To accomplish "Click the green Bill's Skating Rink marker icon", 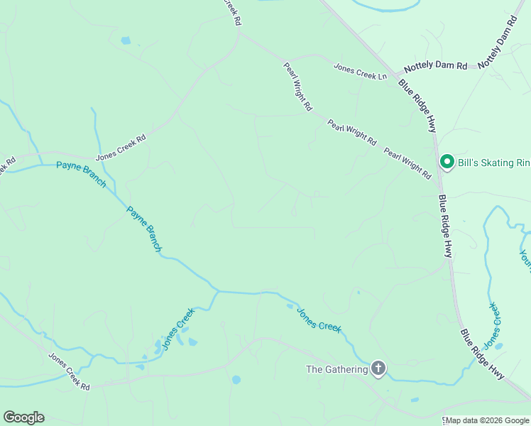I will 447,163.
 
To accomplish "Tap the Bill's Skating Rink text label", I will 493,163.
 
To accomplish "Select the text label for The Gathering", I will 336,369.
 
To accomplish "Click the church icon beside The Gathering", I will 378,368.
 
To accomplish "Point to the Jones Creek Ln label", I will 361,72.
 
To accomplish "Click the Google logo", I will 23,417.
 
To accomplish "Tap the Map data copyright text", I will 487,420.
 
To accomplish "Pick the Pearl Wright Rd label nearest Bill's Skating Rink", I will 407,163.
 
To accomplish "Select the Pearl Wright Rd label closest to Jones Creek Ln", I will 298,86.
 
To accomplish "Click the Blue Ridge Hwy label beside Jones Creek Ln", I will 417,105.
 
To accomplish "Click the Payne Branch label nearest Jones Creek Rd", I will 81,175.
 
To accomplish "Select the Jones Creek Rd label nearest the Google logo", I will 69,373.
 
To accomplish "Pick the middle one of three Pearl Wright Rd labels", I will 352,133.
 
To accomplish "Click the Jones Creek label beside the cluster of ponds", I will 177,329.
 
